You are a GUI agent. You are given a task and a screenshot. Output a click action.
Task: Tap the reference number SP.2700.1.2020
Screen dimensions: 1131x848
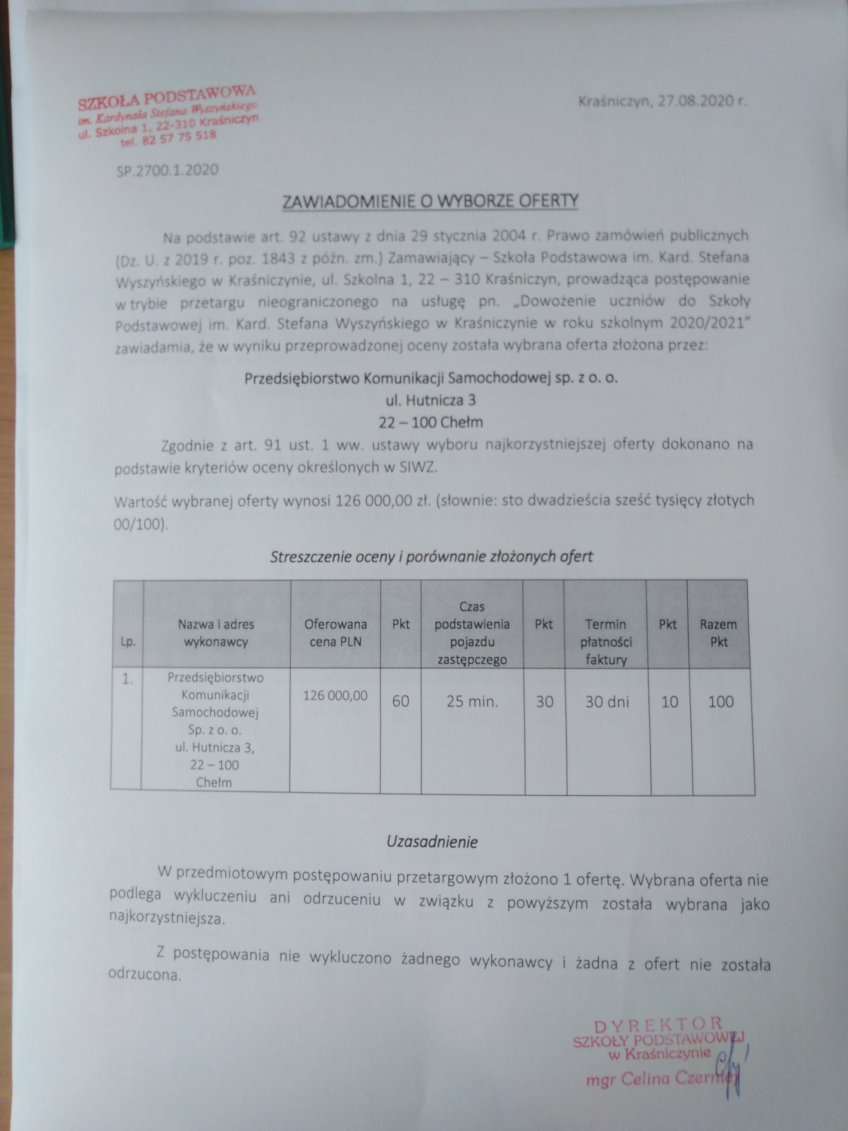pyautogui.click(x=167, y=170)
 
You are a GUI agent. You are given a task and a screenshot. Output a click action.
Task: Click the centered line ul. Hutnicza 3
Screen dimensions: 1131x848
pyautogui.click(x=431, y=400)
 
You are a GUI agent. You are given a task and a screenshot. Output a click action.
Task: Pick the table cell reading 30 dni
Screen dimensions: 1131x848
pyautogui.click(x=607, y=701)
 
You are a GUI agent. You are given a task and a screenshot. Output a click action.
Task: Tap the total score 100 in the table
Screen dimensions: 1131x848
pyautogui.click(x=721, y=701)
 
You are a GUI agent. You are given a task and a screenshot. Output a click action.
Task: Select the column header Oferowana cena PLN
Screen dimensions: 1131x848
pyautogui.click(x=335, y=633)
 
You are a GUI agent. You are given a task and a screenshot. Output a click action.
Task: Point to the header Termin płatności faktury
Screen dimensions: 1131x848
pyautogui.click(x=606, y=642)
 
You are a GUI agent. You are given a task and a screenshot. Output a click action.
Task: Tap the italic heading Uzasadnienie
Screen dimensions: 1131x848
pyautogui.click(x=432, y=842)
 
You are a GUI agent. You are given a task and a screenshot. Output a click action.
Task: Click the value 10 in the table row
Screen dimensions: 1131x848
pyautogui.click(x=670, y=701)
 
